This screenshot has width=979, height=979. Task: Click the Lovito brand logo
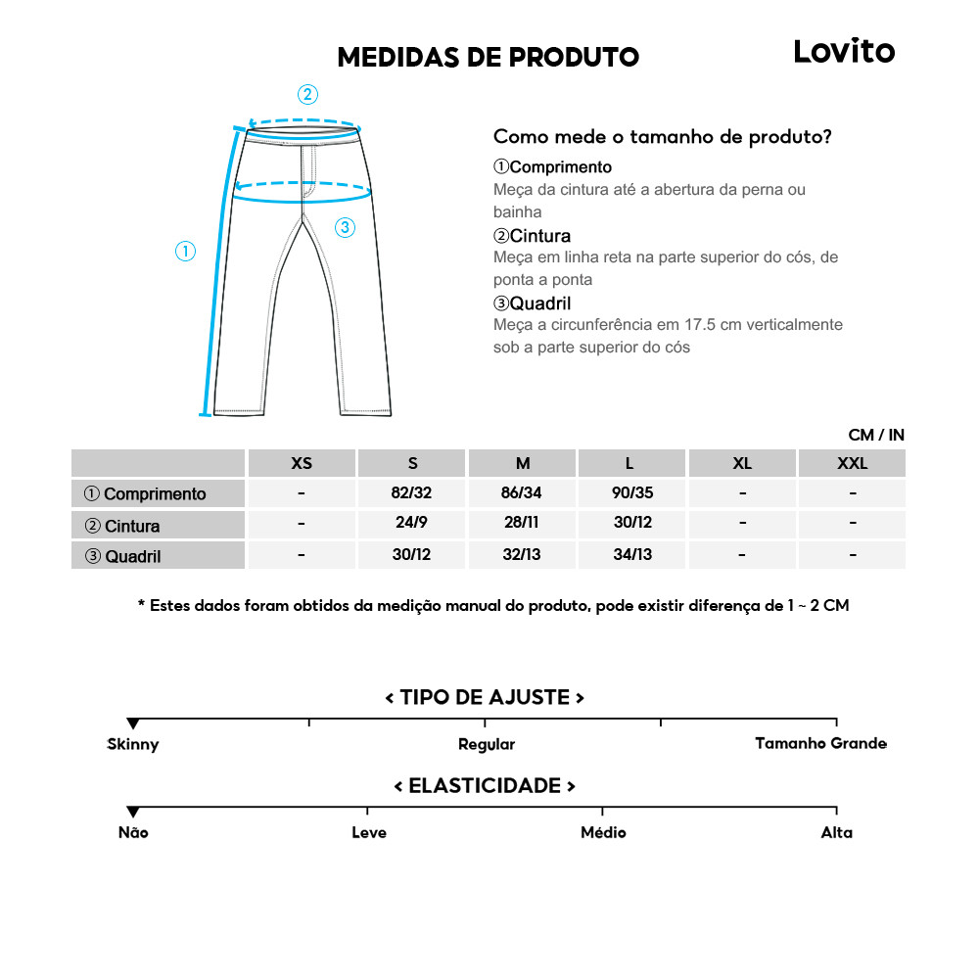[x=844, y=51]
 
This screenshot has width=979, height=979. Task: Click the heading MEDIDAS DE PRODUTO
[x=488, y=57]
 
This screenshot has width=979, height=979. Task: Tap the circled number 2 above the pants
[x=307, y=94]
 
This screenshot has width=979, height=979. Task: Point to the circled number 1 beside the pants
[x=185, y=252]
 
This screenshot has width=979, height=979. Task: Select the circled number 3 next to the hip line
[x=345, y=227]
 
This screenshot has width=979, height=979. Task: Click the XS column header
[x=302, y=463]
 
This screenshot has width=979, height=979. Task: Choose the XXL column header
[x=852, y=463]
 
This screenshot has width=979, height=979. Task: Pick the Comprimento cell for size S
[x=411, y=493]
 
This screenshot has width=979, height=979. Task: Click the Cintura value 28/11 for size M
[x=522, y=523]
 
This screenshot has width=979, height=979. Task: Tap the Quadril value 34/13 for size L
[x=632, y=554]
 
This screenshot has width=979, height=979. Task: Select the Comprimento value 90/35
[x=632, y=493]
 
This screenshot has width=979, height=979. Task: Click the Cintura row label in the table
[x=122, y=526]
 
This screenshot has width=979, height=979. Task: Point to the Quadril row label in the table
[x=122, y=557]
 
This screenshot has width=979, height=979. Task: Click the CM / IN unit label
[x=876, y=435]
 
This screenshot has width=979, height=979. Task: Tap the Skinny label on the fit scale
[x=132, y=744]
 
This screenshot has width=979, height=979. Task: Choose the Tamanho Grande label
[x=820, y=743]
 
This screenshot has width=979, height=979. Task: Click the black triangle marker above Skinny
[x=132, y=724]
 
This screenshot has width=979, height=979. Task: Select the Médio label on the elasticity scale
[x=603, y=832]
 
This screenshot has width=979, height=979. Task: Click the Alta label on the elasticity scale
[x=836, y=832]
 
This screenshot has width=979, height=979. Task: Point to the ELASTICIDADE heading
[x=485, y=786]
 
